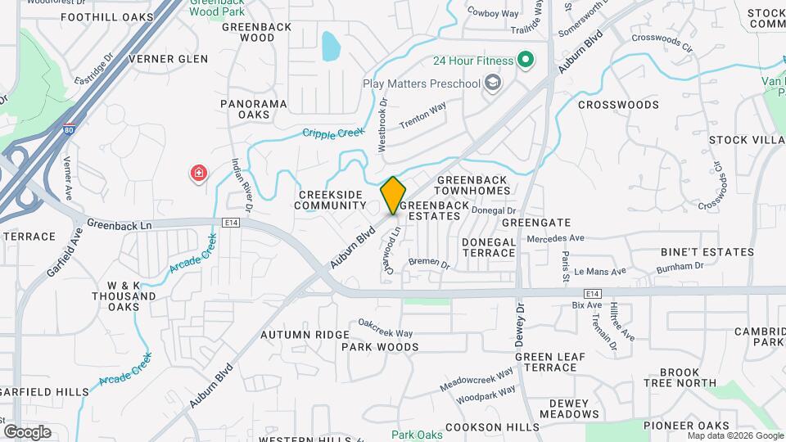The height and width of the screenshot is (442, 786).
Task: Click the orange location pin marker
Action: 393,195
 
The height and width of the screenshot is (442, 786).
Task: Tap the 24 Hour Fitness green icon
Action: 526,61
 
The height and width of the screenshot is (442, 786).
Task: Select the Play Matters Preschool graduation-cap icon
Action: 492,83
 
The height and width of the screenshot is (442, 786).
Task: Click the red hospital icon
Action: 198,173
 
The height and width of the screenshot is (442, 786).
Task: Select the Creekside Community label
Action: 331,200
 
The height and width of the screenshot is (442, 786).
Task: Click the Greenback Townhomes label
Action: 473,185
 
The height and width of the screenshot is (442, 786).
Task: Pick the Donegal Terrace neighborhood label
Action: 489,248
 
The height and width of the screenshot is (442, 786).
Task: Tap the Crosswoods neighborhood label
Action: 618,105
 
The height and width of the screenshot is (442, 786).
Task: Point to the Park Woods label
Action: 380,347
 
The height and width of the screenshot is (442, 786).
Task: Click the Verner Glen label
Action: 169,59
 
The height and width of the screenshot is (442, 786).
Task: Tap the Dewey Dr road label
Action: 520,325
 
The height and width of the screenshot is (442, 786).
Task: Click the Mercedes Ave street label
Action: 556,238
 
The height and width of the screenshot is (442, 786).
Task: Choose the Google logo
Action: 27,431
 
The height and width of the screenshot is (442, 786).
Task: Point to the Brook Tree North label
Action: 680,377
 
